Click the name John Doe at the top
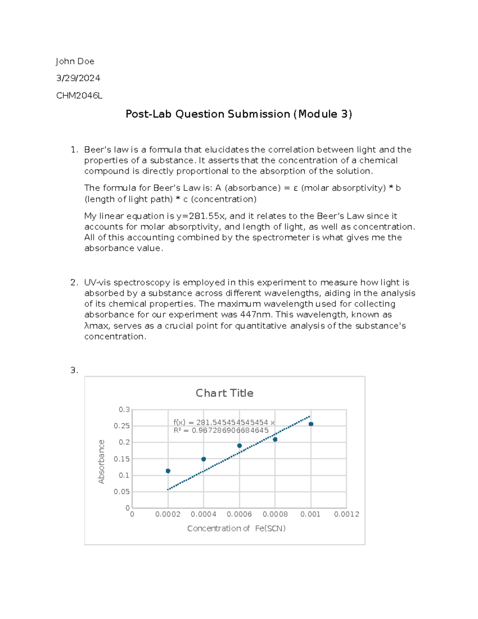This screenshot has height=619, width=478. coord(75,61)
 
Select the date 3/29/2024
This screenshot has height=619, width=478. coord(78,78)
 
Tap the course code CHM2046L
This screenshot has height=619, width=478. coord(79,96)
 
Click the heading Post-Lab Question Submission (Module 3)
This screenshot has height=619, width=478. coord(239,114)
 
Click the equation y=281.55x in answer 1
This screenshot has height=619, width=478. coord(201,216)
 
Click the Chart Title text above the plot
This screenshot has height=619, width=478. coord(224,393)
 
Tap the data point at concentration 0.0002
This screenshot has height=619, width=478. coord(168,471)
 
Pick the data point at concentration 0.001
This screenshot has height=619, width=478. coord(311,424)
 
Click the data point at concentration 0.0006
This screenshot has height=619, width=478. coord(239,446)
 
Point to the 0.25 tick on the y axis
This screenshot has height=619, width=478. coord(122,426)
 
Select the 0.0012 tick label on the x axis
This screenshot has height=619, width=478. coord(347,515)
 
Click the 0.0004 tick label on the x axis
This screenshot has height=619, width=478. coord(204,515)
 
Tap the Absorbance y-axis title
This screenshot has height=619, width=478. coord(102,462)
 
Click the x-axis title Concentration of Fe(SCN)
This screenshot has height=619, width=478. coord(236,529)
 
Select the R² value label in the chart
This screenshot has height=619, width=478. coord(221,430)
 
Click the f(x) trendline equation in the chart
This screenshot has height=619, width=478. coord(224,422)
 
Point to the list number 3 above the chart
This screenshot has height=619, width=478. coord(74,370)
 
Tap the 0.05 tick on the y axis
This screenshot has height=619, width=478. coord(122,491)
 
